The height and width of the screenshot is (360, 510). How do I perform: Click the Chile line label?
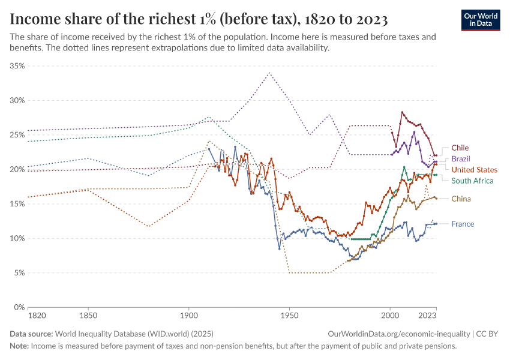(460, 148)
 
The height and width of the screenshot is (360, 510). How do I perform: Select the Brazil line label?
(461, 159)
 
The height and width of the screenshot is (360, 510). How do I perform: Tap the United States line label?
(474, 170)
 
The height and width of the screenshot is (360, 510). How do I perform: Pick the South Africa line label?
(472, 181)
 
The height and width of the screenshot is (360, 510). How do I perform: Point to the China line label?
(461, 199)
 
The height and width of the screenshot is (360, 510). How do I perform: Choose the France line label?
(463, 224)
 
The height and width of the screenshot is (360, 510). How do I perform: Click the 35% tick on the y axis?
(17, 66)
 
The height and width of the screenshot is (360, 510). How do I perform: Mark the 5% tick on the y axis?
(19, 273)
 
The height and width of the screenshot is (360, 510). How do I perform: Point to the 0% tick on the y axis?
(19, 307)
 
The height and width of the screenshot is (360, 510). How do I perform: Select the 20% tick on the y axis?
(17, 169)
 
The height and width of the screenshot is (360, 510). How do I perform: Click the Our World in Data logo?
(480, 20)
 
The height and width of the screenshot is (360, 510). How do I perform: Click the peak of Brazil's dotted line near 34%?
(269, 73)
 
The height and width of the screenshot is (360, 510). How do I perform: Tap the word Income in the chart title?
(34, 19)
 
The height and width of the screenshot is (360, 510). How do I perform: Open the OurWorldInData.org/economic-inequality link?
(398, 334)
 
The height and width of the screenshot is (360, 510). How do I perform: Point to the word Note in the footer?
(19, 346)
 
